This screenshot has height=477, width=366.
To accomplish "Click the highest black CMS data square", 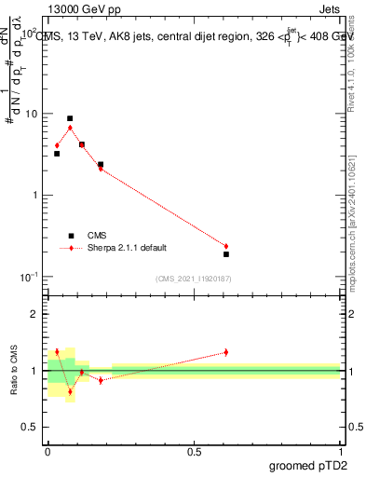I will coord(70,118).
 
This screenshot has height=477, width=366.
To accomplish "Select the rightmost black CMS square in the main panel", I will coord(226,254).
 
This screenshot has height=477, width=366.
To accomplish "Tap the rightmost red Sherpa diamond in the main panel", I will coord(226,246).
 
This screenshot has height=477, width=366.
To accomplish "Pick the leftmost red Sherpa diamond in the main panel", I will coord(57,145).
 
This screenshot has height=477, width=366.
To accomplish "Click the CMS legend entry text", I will coord(98,236).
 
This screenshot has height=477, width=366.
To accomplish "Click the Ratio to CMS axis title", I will coord(15,370).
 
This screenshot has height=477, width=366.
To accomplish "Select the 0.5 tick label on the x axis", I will coord(194,452).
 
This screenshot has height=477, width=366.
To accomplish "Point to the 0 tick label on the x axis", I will coord(47,452).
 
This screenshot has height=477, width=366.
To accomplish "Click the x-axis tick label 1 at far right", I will coord(340,452).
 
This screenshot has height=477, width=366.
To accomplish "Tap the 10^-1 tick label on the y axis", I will coord(31,277).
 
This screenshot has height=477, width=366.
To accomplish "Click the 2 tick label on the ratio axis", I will coord(38,315).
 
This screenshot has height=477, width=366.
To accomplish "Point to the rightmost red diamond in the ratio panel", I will coord(226,352).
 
